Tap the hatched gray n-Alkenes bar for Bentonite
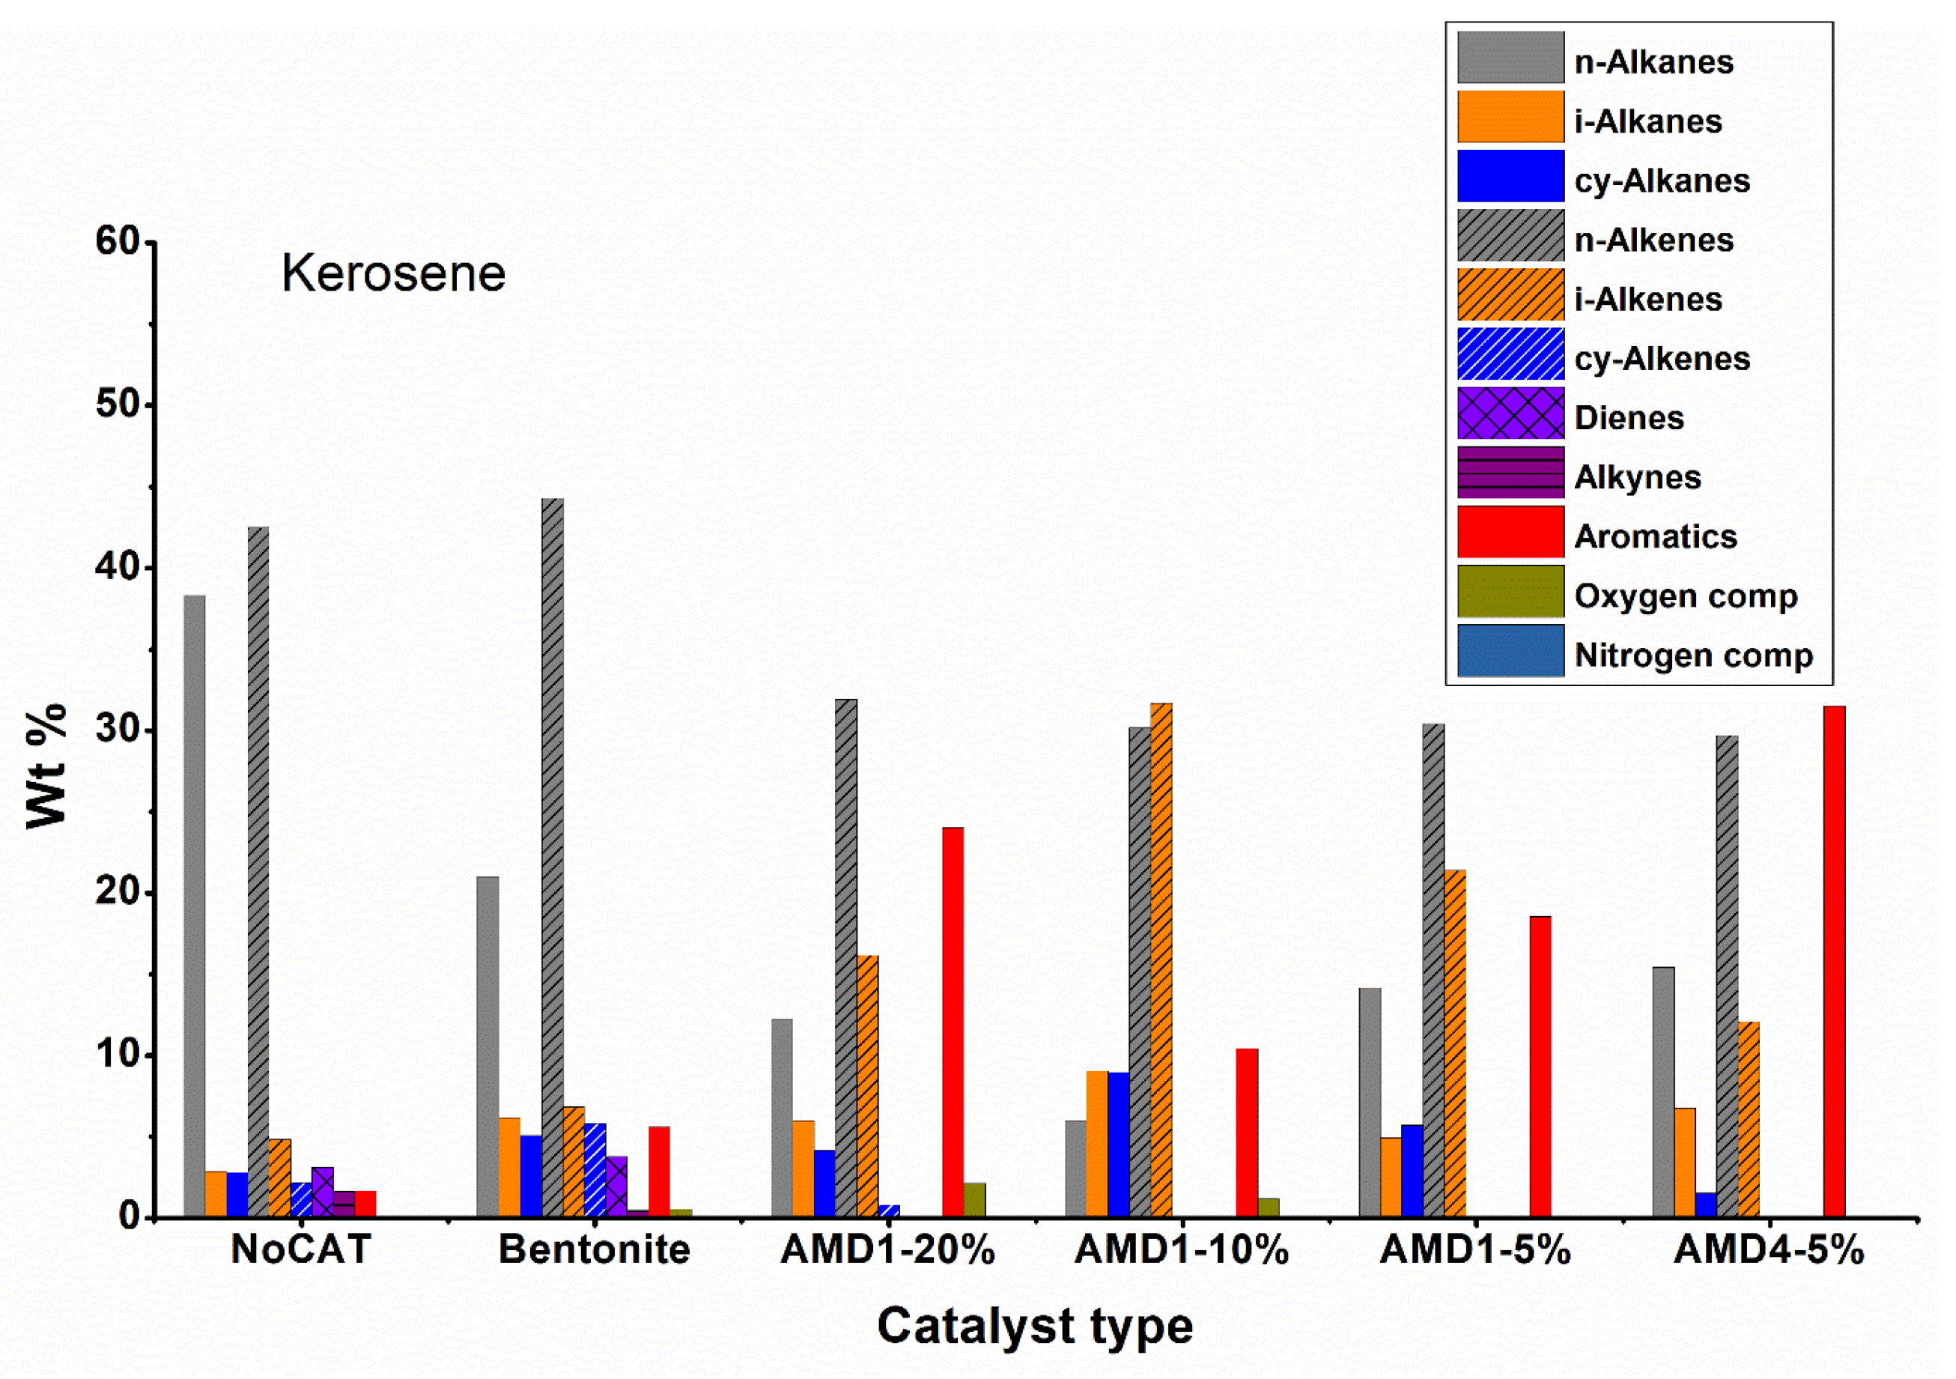tap(552, 858)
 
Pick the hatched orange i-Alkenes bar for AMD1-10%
tap(1161, 960)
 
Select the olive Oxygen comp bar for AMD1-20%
tap(974, 1199)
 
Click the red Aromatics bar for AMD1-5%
tap(1540, 1066)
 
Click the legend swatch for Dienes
tap(1510, 413)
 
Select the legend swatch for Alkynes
tap(1510, 472)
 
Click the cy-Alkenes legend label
tap(1661, 359)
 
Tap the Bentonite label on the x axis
tap(594, 1249)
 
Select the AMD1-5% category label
tap(1474, 1249)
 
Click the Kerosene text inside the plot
tap(394, 273)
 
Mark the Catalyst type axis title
tap(1034, 1326)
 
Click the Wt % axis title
tap(47, 766)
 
